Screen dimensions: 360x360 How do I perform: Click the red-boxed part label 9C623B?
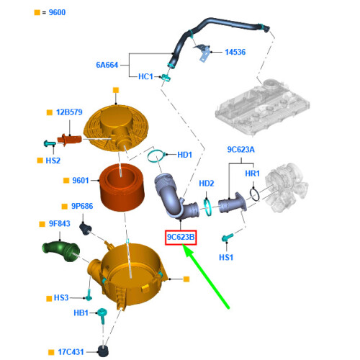(181, 238)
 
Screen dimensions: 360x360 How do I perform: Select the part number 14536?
(235, 52)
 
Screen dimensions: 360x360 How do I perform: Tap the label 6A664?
(107, 65)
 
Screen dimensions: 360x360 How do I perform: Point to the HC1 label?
(145, 76)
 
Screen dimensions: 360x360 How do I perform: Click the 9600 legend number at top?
(57, 12)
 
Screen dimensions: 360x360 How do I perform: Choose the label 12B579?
(69, 112)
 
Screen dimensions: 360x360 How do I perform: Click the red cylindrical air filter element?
(122, 187)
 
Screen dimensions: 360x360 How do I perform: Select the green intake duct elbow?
(61, 251)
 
